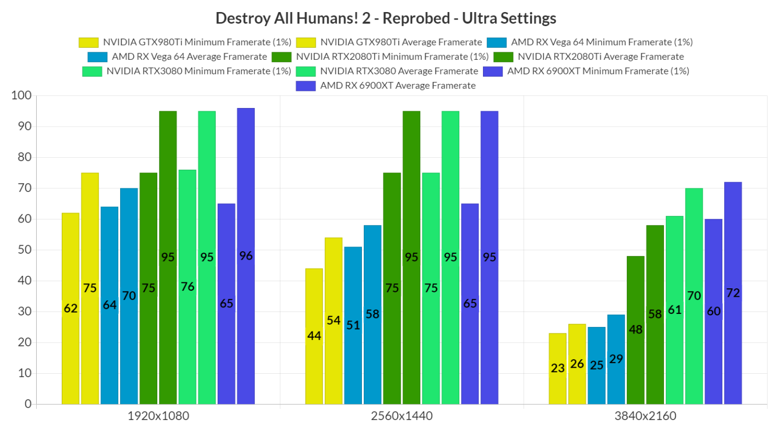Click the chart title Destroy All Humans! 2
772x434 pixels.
(385, 18)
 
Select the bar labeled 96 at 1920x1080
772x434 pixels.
(246, 256)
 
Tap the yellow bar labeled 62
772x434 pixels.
(70, 308)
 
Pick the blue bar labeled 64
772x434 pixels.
(110, 305)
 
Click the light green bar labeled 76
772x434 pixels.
(187, 287)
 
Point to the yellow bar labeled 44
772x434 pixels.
(314, 336)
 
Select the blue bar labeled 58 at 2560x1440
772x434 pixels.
(372, 314)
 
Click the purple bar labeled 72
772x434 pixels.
(733, 293)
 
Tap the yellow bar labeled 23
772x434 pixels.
(557, 368)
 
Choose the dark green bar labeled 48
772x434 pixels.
(635, 330)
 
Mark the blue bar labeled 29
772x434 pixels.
(616, 359)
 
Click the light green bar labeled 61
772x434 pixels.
(674, 310)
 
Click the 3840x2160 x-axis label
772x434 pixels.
(645, 416)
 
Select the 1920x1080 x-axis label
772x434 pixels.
(158, 416)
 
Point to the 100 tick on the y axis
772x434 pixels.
(21, 95)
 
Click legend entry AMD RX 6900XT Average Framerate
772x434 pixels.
(398, 85)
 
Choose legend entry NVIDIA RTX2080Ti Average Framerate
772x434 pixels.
(601, 57)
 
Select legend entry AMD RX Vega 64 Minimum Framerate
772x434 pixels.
(602, 42)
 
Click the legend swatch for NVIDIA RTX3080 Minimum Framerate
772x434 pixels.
(92, 71)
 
